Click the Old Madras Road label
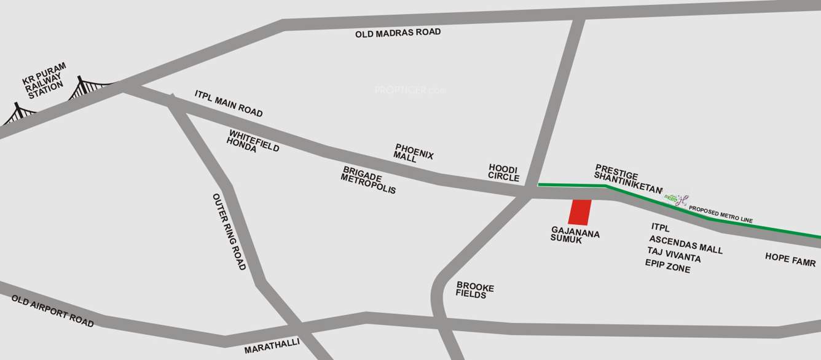pos(398,33)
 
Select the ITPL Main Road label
pos(229,104)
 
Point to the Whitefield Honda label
pos(253,141)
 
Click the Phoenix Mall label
pos(414,153)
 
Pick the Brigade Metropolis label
pos(369,180)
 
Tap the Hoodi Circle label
pos(504,173)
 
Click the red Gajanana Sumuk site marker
pos(579,212)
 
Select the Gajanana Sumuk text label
pos(575,237)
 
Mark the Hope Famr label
pos(790,259)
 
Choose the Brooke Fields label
pos(475,291)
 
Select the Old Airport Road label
pos(53,310)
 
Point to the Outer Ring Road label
pos(229,232)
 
